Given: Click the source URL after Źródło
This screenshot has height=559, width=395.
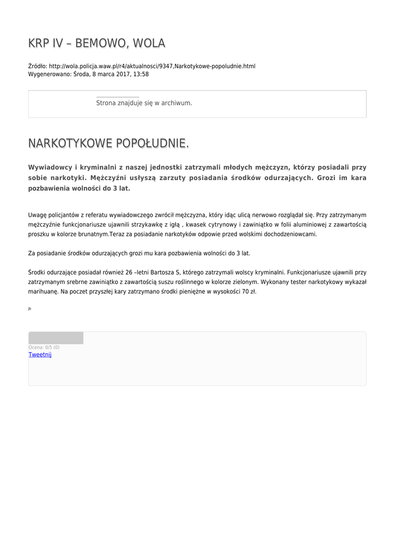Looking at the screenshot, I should pyautogui.click(x=152, y=66).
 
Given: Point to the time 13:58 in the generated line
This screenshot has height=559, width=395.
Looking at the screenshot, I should pyautogui.click(x=141, y=74).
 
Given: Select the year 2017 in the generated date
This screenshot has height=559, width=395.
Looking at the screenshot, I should pyautogui.click(x=120, y=74).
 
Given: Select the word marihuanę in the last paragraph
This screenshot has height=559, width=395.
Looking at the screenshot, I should pyautogui.click(x=44, y=292).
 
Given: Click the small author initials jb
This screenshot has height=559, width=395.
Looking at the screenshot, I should pyautogui.click(x=29, y=308).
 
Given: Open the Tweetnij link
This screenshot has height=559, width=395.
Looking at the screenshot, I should pyautogui.click(x=40, y=354).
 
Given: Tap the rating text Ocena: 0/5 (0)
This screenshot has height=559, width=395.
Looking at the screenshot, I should pyautogui.click(x=44, y=347).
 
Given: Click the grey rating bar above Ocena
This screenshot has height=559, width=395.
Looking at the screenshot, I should pyautogui.click(x=56, y=338).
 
